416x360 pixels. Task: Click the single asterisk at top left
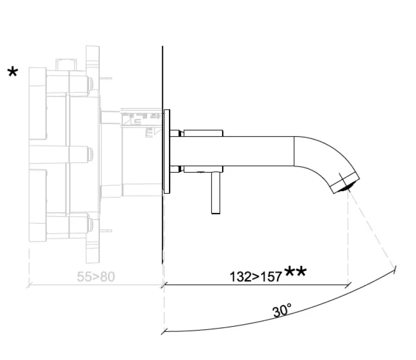coord(12,72)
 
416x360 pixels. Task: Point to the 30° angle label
coord(282,311)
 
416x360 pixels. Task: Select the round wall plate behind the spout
coord(166,152)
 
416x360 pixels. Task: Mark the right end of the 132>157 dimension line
coord(347,285)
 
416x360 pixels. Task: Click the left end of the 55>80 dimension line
coord(29,285)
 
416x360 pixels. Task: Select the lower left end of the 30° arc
coord(164,330)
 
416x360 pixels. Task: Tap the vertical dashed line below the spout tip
coord(347,234)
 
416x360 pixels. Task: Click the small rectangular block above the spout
coord(203,133)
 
